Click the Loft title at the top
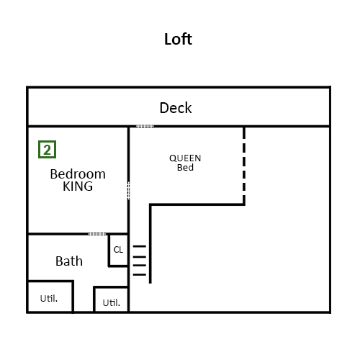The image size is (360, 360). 178,39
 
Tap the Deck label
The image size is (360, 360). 176,108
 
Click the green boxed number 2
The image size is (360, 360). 47,150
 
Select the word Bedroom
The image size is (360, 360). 78,174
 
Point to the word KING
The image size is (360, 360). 78,186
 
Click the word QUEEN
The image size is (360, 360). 185,158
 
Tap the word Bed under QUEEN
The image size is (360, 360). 185,167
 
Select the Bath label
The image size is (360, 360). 69,261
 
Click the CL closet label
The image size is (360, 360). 118,250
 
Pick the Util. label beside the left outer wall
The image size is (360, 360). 49,298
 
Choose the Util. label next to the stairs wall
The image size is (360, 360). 112,302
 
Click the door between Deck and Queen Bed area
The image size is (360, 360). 145,126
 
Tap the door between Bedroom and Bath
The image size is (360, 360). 97,234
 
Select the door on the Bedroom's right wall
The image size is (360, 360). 129,191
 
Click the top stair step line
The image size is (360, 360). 140,246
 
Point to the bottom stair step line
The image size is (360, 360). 140,274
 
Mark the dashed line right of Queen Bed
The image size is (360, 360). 244,166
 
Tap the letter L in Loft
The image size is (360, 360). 168,40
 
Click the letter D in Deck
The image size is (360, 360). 164,108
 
